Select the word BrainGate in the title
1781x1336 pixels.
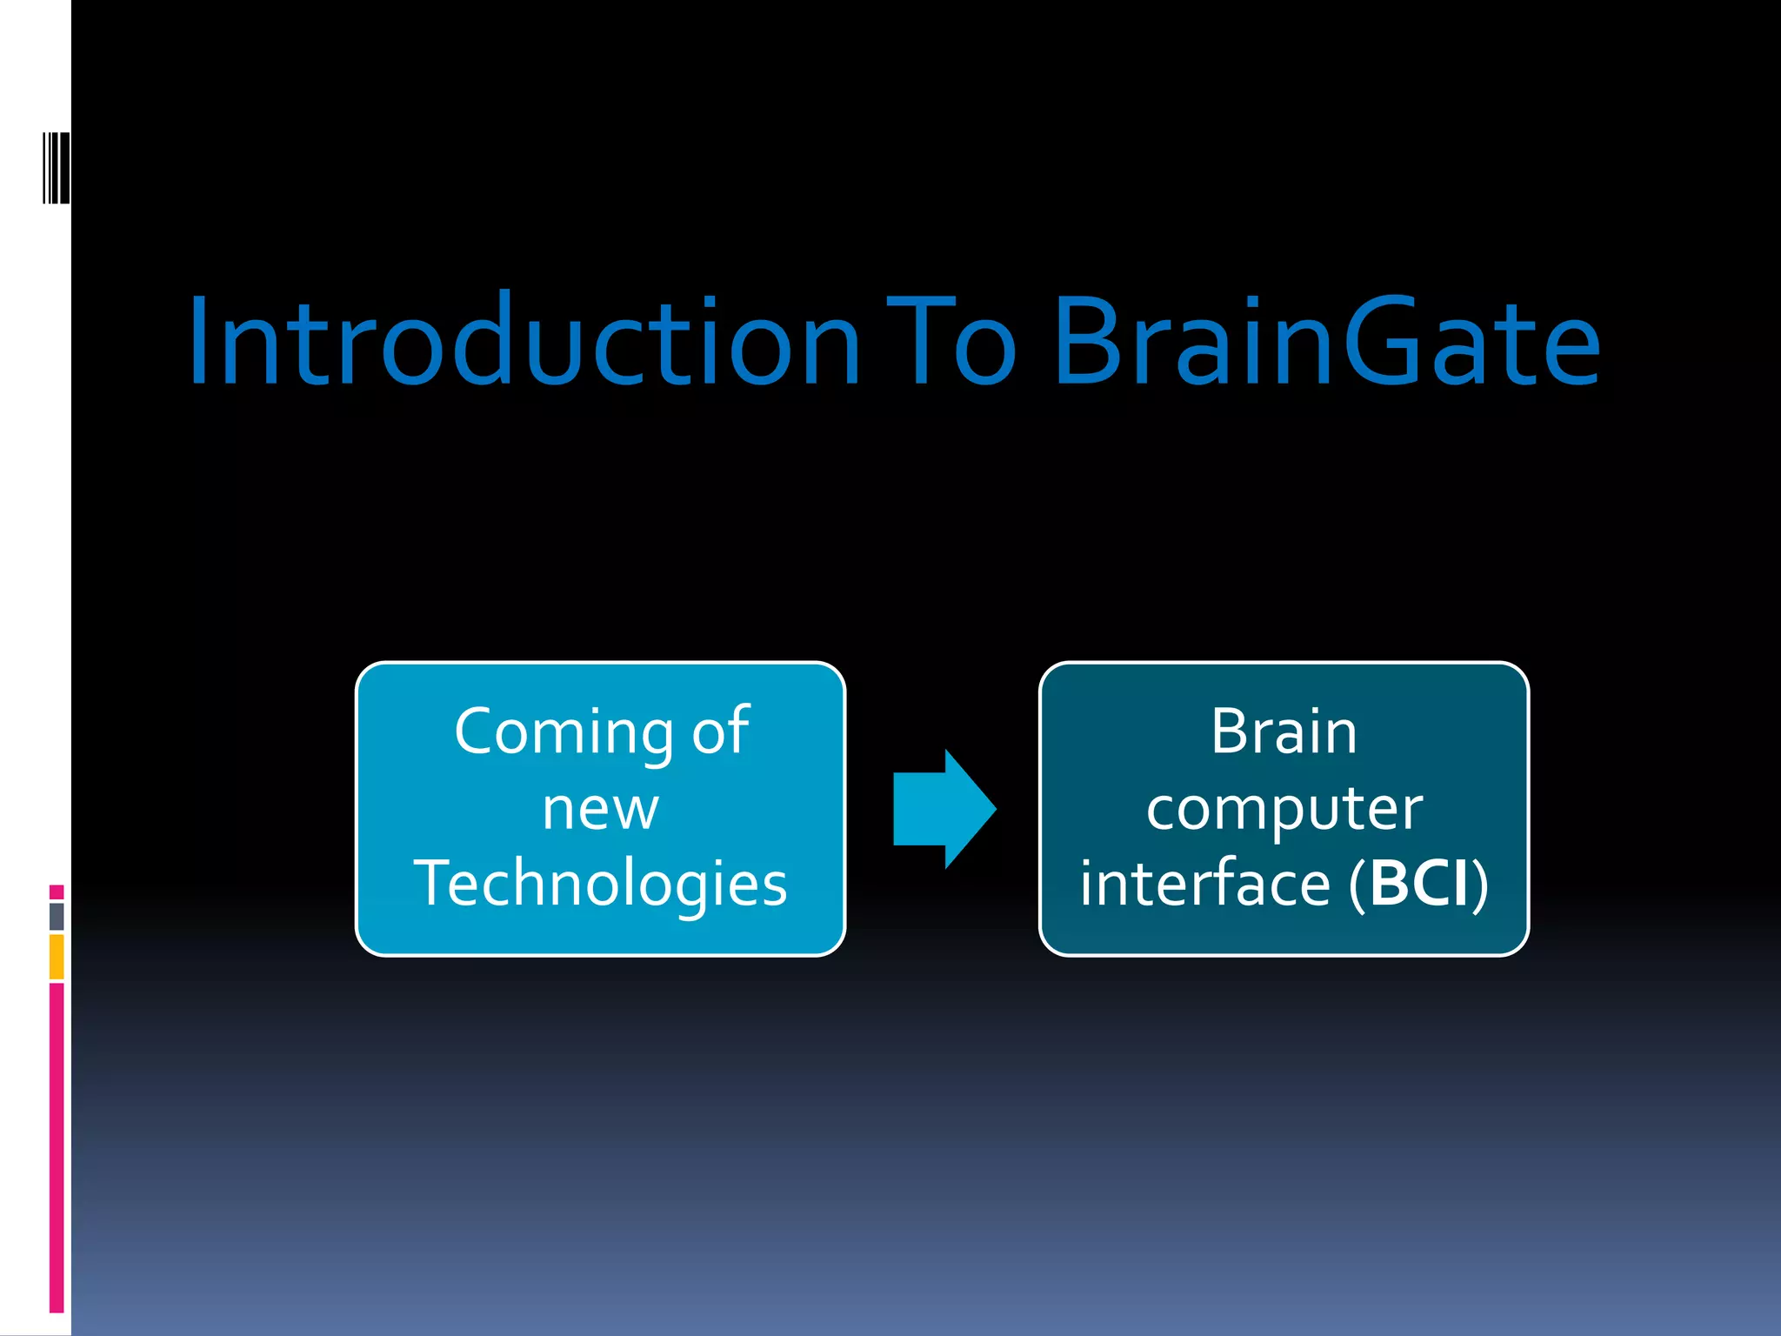tap(1325, 341)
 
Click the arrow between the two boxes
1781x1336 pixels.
tap(944, 809)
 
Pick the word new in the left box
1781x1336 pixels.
tap(600, 809)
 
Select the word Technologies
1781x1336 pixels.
tap(600, 884)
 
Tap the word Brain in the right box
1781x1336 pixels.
tap(1284, 731)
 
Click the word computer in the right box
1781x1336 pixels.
tap(1284, 809)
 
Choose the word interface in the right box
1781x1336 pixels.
tap(1205, 884)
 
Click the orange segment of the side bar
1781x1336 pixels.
tap(57, 956)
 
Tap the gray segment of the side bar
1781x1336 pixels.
tap(57, 916)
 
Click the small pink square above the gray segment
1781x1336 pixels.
tap(57, 892)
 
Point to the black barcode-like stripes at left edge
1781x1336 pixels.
tap(57, 168)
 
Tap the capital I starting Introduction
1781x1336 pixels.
tap(201, 341)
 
